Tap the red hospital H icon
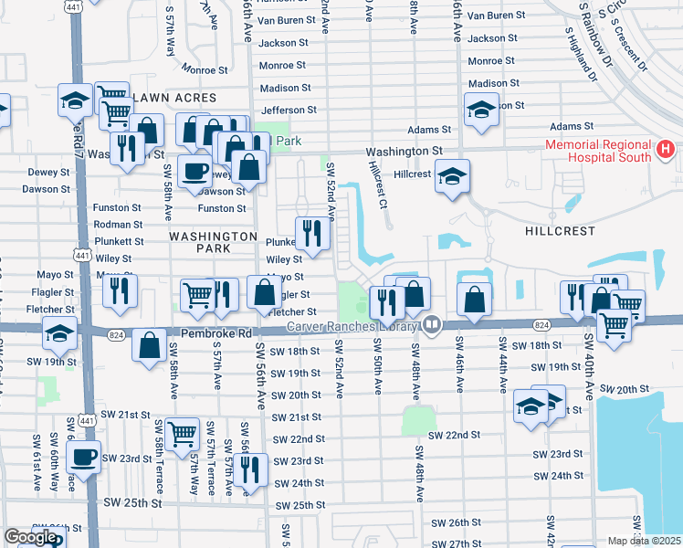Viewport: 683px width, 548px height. click(666, 148)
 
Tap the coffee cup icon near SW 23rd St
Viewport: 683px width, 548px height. click(84, 455)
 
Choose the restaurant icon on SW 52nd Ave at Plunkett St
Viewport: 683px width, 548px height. click(312, 232)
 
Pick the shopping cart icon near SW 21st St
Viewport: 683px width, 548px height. click(183, 432)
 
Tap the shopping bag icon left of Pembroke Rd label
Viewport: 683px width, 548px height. click(149, 344)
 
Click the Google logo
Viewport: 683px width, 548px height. click(30, 537)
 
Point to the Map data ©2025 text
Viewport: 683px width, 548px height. click(644, 541)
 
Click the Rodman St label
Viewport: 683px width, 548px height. click(119, 225)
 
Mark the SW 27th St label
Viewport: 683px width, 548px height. click(457, 543)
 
